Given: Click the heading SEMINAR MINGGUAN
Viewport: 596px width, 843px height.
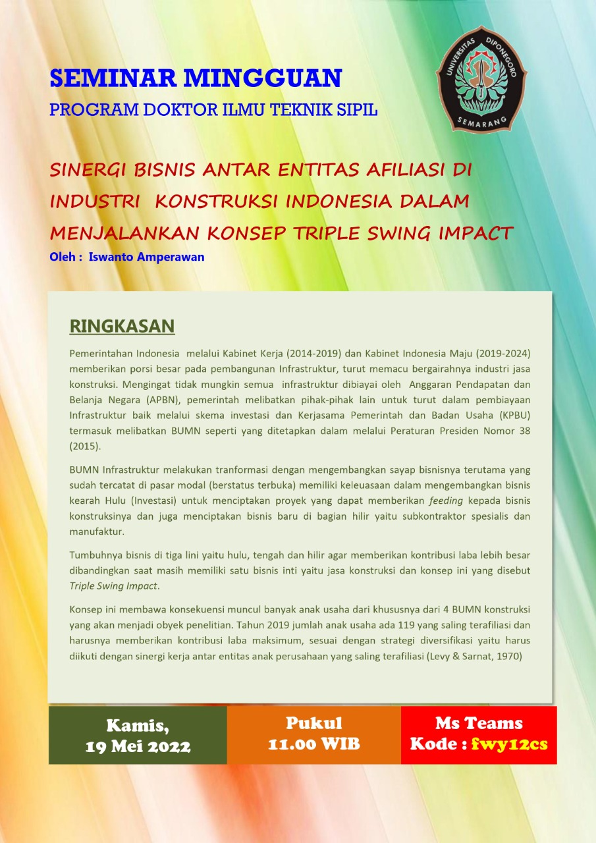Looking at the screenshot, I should point(196,78).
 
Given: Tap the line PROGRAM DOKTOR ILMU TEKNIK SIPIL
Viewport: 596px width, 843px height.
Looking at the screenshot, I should point(213,110).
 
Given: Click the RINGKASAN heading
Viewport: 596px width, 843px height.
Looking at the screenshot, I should point(122,326).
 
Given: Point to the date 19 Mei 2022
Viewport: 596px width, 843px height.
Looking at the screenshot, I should point(138,746).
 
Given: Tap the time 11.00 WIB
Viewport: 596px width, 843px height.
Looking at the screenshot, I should point(313,744).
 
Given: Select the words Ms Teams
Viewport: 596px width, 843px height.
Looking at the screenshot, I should point(479,723).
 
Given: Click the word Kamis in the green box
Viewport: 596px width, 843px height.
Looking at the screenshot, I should point(138,725).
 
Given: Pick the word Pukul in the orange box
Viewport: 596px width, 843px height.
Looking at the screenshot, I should point(313,722).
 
